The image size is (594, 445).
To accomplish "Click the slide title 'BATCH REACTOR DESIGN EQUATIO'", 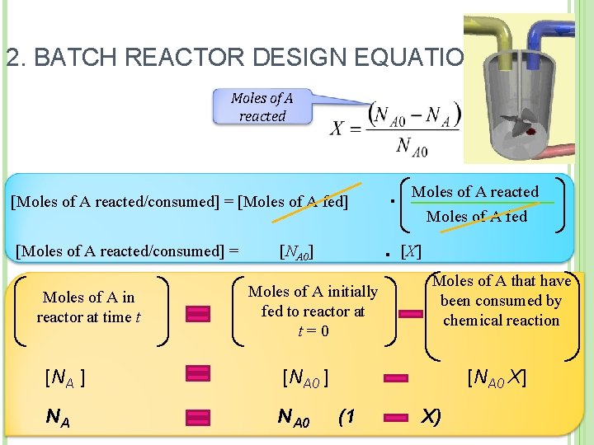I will tap(235, 59).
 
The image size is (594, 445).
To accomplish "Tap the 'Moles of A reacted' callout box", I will tap(262, 107).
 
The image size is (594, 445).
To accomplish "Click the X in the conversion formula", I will tap(337, 128).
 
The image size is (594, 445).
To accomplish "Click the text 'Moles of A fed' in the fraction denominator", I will tap(476, 217).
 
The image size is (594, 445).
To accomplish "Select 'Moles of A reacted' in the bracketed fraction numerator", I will tap(474, 192).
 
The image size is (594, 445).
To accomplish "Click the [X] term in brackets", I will tap(410, 251).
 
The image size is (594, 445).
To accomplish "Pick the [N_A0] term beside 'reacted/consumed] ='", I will tap(296, 251).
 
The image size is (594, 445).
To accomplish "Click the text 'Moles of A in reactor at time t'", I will tap(88, 307).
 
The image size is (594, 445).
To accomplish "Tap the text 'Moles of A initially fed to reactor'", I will tap(313, 301).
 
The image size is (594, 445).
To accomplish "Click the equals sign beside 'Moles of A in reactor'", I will tap(197, 312).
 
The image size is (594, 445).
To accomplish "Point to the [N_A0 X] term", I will tap(496, 378).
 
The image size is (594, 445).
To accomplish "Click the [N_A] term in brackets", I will tap(65, 379).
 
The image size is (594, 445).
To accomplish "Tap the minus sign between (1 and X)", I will tap(396, 417).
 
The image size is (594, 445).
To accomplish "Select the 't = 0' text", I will tap(313, 331).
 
